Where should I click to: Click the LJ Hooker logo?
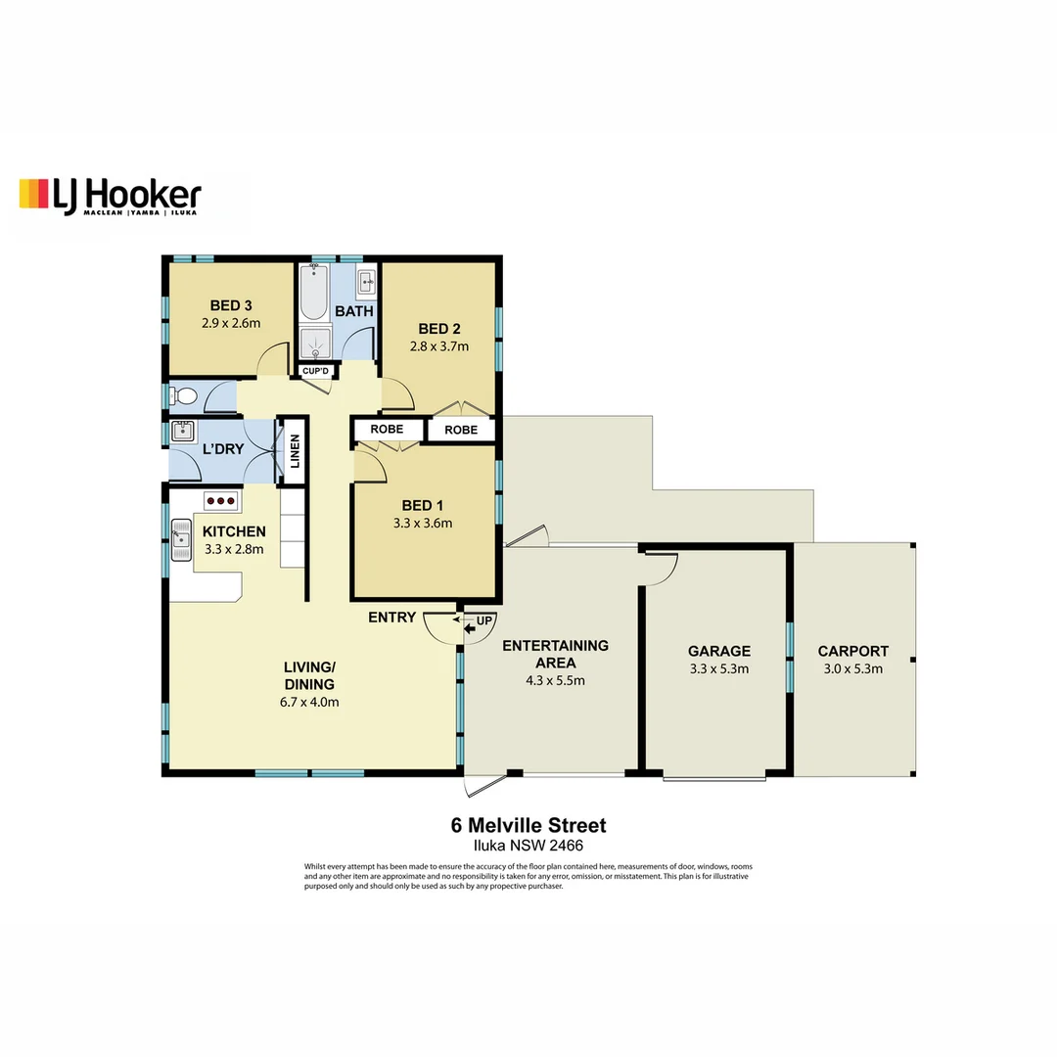click(x=110, y=195)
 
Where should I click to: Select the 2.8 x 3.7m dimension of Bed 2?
click(x=442, y=345)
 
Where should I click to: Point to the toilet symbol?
click(x=182, y=396)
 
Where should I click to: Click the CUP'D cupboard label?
click(x=316, y=371)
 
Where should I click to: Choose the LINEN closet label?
click(x=295, y=451)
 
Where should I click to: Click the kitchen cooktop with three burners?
click(x=222, y=500)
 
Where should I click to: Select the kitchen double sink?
click(x=180, y=539)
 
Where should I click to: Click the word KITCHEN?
click(x=234, y=531)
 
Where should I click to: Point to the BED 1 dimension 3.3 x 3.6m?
click(x=422, y=523)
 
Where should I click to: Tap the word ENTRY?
click(x=391, y=618)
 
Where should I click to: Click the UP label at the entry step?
click(x=484, y=620)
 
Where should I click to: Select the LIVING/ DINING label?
click(x=309, y=675)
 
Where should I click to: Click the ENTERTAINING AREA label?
click(x=555, y=654)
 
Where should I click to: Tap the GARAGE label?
click(x=718, y=651)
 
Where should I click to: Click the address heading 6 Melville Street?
click(x=528, y=826)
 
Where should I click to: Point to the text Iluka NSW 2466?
click(x=528, y=846)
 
